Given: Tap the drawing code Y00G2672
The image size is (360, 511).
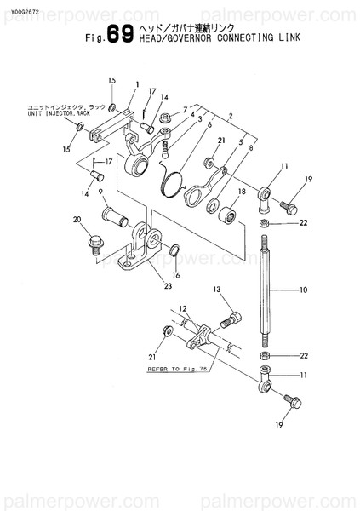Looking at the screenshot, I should click(x=25, y=10).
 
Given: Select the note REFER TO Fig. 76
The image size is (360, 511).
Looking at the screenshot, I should click(x=173, y=371).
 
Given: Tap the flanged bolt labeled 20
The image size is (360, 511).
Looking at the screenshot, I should click(x=94, y=244).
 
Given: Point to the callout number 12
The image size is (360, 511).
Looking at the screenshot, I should click(x=181, y=310).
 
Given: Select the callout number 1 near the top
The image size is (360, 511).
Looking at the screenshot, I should click(x=136, y=83).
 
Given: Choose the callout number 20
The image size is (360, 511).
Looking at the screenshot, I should click(x=77, y=221).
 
